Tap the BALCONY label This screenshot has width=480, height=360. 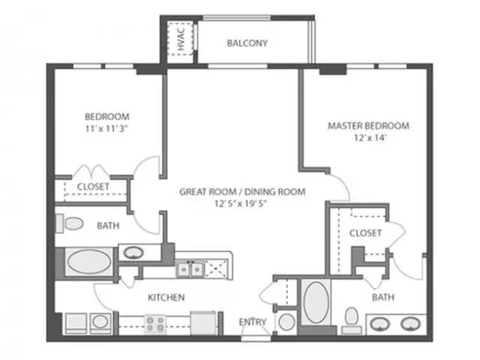[x=247, y=43]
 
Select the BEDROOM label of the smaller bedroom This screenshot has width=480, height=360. [x=106, y=117]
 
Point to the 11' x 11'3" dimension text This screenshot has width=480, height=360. [x=106, y=128]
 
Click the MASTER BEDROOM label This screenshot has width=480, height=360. [x=368, y=126]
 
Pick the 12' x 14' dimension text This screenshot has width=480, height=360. [x=368, y=138]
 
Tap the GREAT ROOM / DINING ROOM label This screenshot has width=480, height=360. [x=242, y=191]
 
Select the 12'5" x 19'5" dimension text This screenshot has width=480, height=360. [x=242, y=203]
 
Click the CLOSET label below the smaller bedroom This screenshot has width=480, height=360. [x=93, y=186]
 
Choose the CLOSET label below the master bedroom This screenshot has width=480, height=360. [x=365, y=232]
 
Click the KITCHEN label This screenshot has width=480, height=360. [x=166, y=298]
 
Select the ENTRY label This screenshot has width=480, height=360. [x=253, y=322]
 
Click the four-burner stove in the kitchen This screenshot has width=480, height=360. [x=154, y=323]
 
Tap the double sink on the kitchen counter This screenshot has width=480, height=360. [x=188, y=268]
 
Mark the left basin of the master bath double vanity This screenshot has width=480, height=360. [x=380, y=324]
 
